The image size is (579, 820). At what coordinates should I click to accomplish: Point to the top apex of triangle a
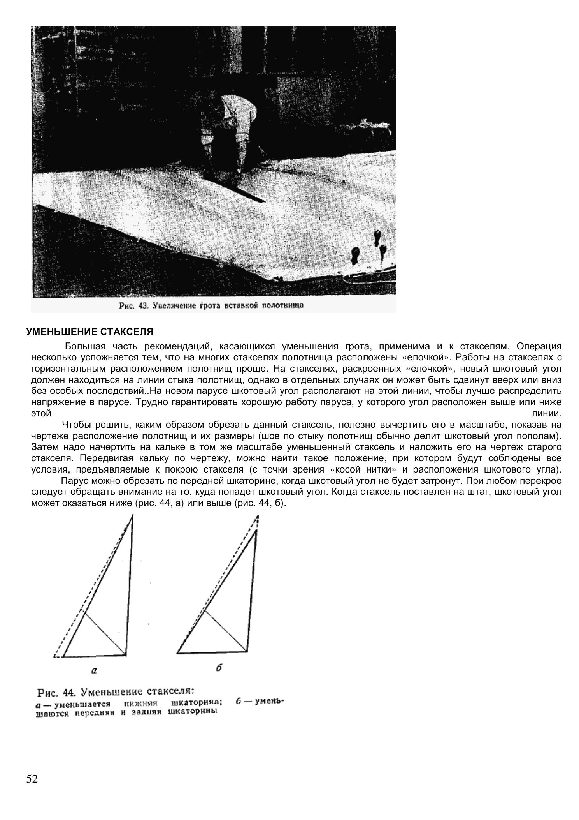(132, 515)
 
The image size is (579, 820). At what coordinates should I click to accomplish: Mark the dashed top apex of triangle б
(258, 517)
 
